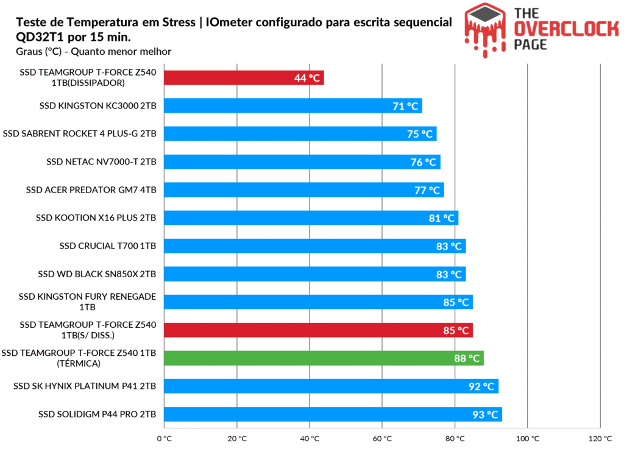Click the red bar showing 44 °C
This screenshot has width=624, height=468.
244,77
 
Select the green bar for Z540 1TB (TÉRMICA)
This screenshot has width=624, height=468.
323,358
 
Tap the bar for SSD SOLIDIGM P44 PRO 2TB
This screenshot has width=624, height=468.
332,414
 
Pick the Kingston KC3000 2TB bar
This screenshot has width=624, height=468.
292,105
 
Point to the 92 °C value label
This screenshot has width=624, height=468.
481,386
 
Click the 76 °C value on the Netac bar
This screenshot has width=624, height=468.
424,162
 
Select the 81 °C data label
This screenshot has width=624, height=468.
442,218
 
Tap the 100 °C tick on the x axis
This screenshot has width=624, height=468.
528,438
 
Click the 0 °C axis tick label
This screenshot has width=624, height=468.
164,438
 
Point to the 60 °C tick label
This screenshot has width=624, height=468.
382,438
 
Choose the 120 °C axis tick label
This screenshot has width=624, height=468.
600,438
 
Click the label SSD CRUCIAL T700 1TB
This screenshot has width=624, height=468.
108,246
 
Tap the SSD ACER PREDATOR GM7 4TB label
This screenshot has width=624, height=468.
91,190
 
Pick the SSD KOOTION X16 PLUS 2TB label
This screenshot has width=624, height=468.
96,218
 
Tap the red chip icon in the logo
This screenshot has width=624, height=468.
486,24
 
